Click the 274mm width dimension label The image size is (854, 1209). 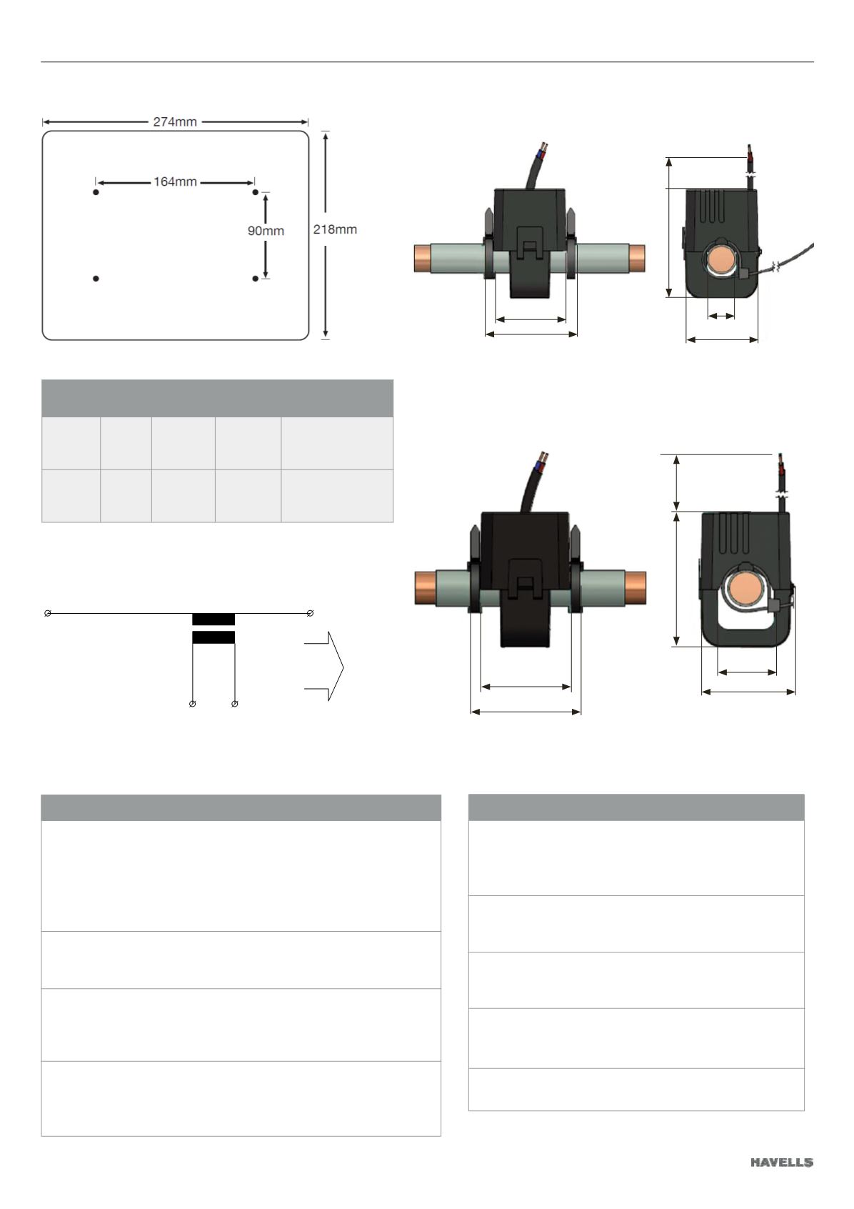coord(175,122)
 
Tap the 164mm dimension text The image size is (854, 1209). coord(175,182)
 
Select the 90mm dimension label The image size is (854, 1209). coord(266,231)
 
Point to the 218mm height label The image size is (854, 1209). coord(335,229)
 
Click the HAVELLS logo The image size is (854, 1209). coord(782,1162)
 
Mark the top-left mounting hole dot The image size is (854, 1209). coord(96,192)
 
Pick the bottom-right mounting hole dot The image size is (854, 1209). coord(255,279)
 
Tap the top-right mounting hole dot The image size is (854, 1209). coord(255,192)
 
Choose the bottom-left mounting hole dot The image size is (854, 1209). coord(96,279)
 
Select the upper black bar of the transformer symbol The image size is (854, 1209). coord(213,619)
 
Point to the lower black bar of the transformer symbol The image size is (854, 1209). coord(213,637)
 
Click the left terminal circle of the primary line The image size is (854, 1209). coord(47,613)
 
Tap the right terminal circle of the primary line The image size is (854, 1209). coord(310,613)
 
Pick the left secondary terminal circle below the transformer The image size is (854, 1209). coord(193,704)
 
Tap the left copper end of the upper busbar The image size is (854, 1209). coord(423,259)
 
